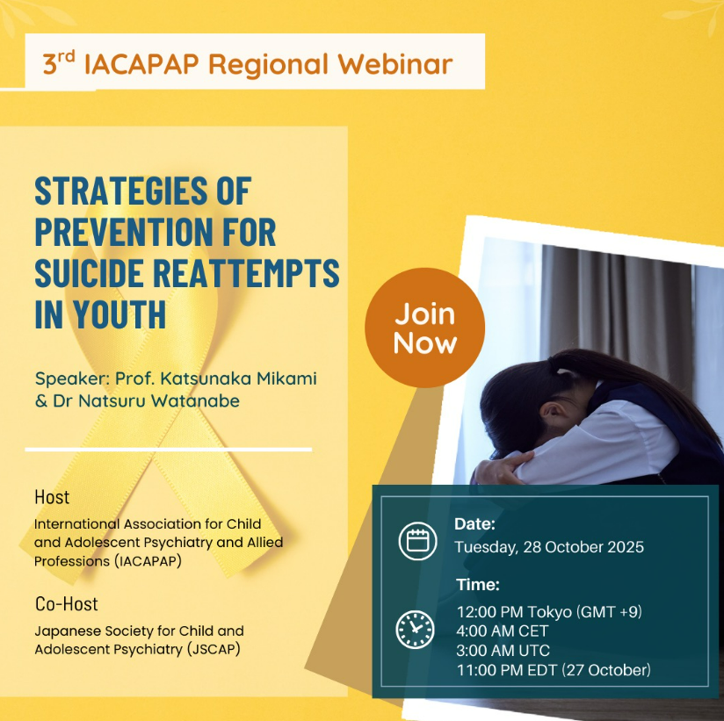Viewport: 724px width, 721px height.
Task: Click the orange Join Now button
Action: pos(424,328)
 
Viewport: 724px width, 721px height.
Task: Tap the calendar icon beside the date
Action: pos(417,540)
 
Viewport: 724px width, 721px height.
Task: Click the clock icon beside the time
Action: pos(415,630)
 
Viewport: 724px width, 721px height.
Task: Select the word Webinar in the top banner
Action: pos(395,64)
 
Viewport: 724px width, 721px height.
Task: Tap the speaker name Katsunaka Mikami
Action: pos(238,379)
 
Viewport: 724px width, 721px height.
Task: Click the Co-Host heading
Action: pos(67,603)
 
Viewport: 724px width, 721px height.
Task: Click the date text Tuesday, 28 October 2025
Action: pos(549,547)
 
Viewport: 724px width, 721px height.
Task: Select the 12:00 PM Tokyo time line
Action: pos(549,612)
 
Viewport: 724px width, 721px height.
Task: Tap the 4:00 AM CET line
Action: pos(502,631)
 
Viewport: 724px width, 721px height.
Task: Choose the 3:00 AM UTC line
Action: pos(503,651)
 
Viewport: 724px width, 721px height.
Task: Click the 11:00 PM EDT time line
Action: pos(554,670)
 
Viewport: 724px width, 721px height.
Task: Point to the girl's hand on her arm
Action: pos(502,467)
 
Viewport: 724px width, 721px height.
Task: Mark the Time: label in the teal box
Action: pos(478,585)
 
